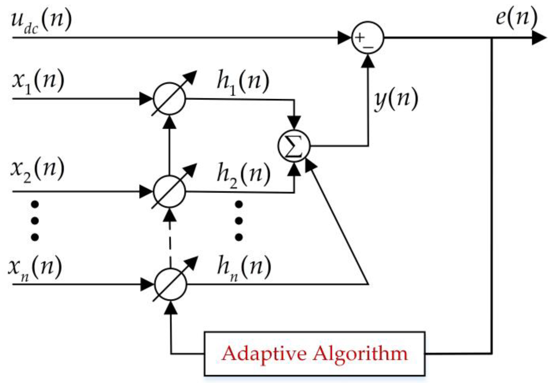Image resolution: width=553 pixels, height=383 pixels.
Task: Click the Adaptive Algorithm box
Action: (x=314, y=354)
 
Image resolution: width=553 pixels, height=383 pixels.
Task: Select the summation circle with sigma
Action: (x=294, y=146)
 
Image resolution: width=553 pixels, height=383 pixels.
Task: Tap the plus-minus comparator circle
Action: (x=368, y=38)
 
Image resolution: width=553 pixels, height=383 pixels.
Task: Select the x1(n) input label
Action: (x=38, y=81)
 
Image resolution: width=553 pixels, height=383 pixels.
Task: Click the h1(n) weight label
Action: (x=243, y=82)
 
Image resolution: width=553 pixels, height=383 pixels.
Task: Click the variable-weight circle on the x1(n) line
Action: (x=169, y=99)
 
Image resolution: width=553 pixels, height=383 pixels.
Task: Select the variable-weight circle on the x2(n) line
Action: (x=169, y=191)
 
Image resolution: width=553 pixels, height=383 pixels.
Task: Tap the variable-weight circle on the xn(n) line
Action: (x=171, y=284)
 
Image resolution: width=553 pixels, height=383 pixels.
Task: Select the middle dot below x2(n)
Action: (x=35, y=221)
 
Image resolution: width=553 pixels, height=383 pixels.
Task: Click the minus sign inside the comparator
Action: (x=368, y=47)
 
